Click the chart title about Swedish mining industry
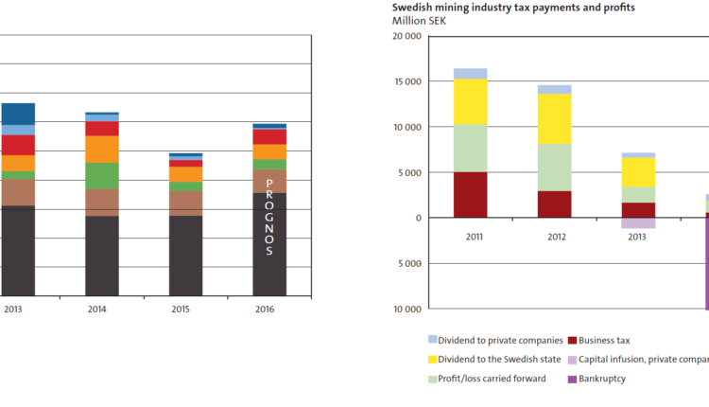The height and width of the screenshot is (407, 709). (513, 8)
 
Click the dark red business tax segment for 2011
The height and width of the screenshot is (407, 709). (470, 195)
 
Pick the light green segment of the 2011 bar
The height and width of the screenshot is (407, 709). (470, 149)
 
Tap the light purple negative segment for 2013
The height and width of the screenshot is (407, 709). (638, 223)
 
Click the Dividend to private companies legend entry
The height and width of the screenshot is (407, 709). (495, 340)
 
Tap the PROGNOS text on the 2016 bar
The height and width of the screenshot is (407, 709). (269, 217)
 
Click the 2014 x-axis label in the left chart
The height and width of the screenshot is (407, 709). (97, 310)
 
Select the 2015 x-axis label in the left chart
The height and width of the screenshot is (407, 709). (182, 310)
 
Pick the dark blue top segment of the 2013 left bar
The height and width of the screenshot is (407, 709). (17, 114)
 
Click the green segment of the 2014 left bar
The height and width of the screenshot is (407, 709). (102, 176)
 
